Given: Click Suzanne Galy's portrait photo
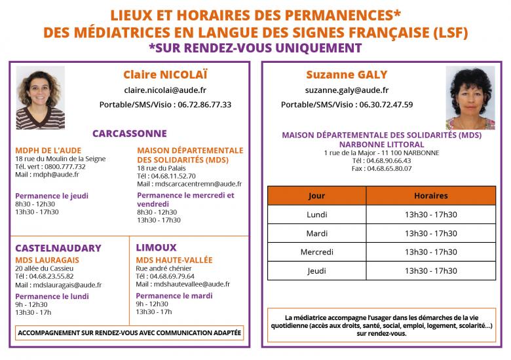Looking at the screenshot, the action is pos(470,98).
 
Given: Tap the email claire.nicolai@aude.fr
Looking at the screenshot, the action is pos(165,90).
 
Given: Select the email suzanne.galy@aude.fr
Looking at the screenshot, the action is pos(347,90).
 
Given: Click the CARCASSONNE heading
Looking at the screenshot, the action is pos(130,134).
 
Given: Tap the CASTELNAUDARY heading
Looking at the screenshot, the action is pos(58,248).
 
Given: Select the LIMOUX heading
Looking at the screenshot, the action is pos(156,247).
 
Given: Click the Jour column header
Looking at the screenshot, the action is pos(316,196).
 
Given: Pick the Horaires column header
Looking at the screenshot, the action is pos(430,196).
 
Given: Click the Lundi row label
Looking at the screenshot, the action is pos(316,215).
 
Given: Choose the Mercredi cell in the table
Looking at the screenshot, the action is pos(316,252).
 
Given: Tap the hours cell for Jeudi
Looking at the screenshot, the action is pos(430,271).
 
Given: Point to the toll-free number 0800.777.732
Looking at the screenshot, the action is pos(65,166).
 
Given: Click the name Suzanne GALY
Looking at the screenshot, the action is pos(347,75).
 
